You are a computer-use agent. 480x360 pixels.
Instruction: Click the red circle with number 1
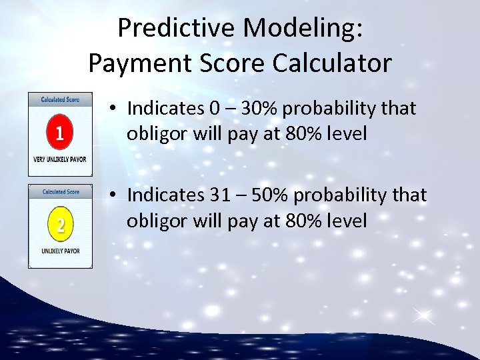[x=60, y=133]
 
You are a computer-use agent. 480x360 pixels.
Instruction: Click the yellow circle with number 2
[x=60, y=225]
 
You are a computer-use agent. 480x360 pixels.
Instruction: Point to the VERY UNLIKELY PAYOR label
[x=60, y=160]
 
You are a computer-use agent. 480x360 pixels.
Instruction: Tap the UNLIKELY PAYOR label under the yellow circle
[x=60, y=251]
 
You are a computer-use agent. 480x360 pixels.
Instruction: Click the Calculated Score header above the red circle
[x=60, y=99]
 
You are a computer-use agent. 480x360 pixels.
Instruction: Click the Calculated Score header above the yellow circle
[x=60, y=192]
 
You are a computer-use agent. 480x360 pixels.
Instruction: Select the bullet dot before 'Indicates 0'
[x=115, y=108]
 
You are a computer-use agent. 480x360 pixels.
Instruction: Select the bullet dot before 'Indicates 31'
[x=115, y=195]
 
